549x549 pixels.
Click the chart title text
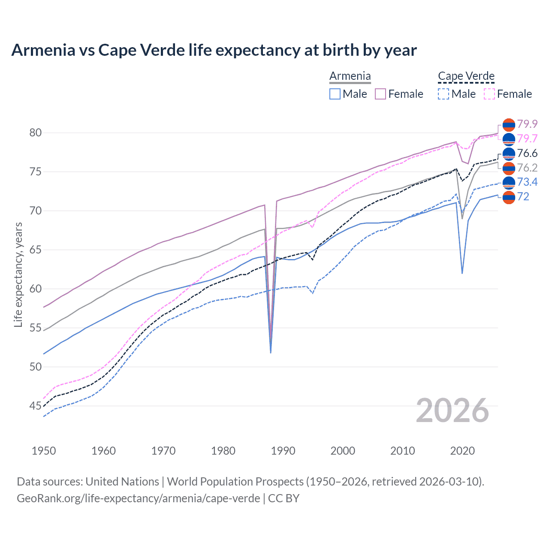214,50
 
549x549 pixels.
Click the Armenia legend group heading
350,76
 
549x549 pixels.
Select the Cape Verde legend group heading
466,76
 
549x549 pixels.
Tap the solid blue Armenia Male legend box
335,94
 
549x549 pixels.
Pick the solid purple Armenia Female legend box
380,94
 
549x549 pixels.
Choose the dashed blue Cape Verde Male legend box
443,94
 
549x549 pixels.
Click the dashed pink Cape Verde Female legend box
489,94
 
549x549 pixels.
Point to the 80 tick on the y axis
36,133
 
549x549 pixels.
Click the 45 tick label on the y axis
36,406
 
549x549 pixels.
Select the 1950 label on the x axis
44,451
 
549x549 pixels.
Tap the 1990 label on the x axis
283,451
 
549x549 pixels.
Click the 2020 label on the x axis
462,451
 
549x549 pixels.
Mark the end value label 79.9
527,124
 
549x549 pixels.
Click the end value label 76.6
527,154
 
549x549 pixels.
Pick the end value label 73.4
527,182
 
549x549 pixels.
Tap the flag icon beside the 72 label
509,197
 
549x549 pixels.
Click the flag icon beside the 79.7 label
509,139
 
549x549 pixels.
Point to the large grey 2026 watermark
452,410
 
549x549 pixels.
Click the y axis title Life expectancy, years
18,274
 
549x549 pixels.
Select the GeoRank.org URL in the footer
138,498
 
